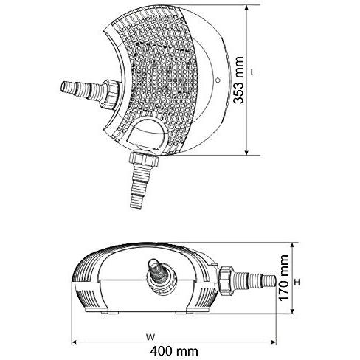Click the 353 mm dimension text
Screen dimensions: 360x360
coord(238,80)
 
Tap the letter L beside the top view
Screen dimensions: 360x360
coord(253,72)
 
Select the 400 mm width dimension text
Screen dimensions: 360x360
coord(174,351)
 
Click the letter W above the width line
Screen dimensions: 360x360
coord(150,337)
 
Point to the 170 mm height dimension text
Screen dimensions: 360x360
coord(284,277)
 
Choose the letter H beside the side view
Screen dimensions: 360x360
coord(297,283)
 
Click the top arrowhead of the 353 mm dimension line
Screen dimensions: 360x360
coord(247,9)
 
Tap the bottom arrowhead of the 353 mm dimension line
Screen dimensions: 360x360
coord(247,151)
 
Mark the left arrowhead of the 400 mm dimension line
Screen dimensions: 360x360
coord(75,342)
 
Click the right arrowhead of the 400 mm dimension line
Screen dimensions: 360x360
coord(273,342)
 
